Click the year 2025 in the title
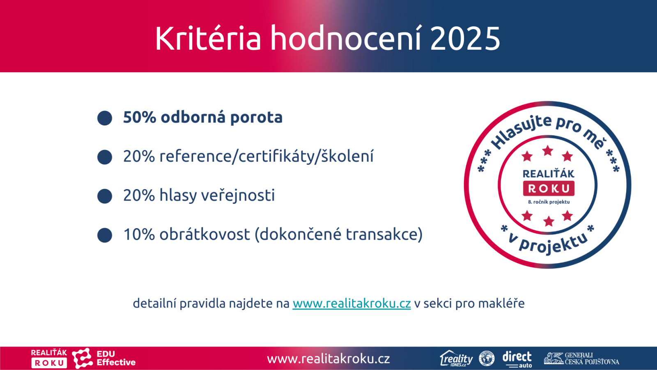465,39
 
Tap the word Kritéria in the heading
208,38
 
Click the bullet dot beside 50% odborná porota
105,118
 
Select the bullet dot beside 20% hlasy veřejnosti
105,196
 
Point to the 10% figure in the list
139,234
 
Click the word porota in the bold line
256,118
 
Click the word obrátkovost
205,234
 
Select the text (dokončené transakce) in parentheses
339,235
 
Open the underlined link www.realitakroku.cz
351,303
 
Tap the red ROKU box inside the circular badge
549,188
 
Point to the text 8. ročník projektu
549,202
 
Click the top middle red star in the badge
548,150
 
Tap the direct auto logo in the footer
517,359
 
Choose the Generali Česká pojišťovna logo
581,358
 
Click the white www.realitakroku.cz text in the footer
328,359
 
